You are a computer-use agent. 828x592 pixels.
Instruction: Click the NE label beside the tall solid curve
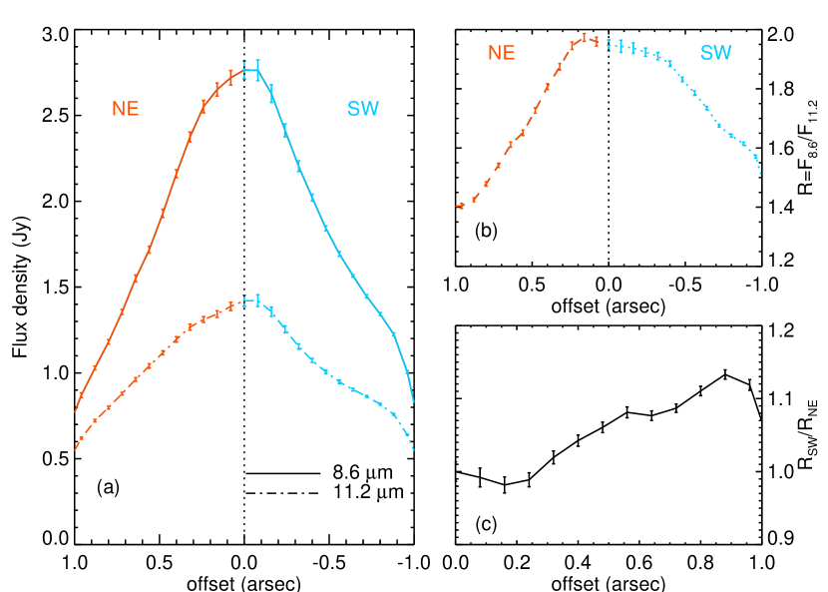tap(126, 110)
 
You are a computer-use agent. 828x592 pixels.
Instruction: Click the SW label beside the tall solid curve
tap(363, 110)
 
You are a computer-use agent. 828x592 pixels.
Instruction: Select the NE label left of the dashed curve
tap(502, 54)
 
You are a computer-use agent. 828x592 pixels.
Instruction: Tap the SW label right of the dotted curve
tap(715, 54)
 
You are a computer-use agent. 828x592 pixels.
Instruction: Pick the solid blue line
tap(325, 229)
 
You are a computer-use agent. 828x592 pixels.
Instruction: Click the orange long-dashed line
tap(522, 131)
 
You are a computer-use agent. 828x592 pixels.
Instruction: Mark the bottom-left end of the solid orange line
tap(75, 411)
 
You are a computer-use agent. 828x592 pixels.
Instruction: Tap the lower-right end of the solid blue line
tap(413, 402)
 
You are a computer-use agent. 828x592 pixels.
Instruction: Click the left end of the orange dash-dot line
tap(75, 449)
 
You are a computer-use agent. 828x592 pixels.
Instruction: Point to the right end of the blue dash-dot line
tap(413, 450)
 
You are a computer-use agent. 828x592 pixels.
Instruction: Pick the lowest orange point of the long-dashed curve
tap(461, 206)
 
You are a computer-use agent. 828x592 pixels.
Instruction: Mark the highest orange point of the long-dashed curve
tap(584, 38)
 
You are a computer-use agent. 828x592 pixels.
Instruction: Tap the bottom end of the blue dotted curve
tap(760, 174)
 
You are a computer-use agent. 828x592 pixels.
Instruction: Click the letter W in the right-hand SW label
tap(723, 54)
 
